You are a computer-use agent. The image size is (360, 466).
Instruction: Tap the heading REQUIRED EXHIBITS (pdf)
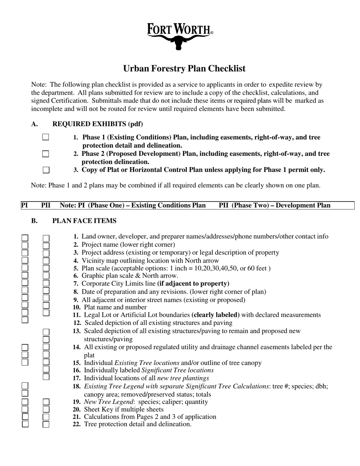tap(97, 124)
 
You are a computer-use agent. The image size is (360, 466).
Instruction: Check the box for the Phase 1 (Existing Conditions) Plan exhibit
tap(45, 137)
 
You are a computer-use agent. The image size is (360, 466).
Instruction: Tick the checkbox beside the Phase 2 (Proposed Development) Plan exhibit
tap(45, 154)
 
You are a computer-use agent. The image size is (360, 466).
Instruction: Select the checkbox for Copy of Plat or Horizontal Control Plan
tap(46, 170)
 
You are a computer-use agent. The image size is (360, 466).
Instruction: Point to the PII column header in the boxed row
tap(45, 205)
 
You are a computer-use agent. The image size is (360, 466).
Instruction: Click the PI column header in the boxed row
tap(24, 205)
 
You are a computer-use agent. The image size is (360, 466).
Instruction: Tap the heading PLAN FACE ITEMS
tap(84, 220)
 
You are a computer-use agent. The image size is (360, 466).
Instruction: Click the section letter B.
tap(34, 220)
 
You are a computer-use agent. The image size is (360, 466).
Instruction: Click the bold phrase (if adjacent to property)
tap(193, 283)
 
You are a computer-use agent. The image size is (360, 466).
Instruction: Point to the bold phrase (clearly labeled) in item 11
tap(216, 315)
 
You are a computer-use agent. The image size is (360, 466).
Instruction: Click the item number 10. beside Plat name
tap(77, 307)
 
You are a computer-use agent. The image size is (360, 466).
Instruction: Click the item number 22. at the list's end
tap(77, 424)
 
